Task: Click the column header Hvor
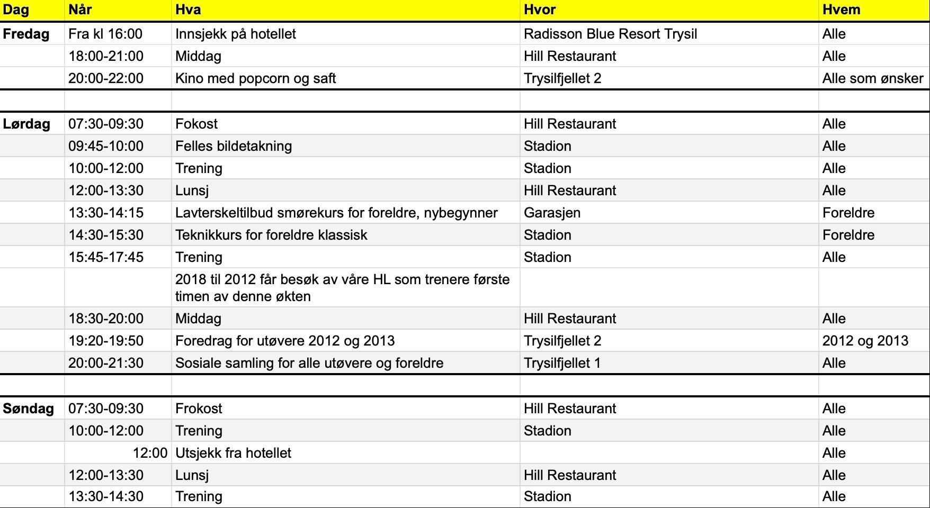click(539, 10)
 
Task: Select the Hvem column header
click(841, 10)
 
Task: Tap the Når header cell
click(81, 10)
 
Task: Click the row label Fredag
click(26, 34)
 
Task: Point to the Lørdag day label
click(26, 124)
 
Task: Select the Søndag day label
click(28, 409)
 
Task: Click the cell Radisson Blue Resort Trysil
click(610, 34)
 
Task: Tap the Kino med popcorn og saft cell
click(255, 78)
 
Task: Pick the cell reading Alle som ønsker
click(872, 78)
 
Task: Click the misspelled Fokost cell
click(196, 124)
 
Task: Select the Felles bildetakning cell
click(234, 146)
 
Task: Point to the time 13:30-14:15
click(106, 213)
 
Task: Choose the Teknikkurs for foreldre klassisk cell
click(271, 235)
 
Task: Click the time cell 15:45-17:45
click(106, 257)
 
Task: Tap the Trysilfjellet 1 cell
click(562, 363)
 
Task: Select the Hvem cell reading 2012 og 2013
click(865, 341)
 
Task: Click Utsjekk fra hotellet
click(233, 453)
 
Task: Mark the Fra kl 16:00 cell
click(105, 34)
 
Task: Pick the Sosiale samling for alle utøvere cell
click(309, 363)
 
